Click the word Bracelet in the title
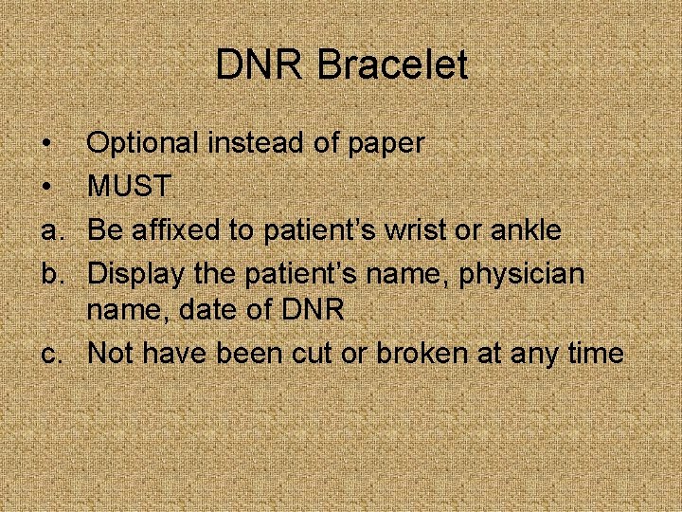click(x=393, y=65)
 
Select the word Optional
click(x=143, y=144)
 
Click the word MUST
click(x=129, y=187)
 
